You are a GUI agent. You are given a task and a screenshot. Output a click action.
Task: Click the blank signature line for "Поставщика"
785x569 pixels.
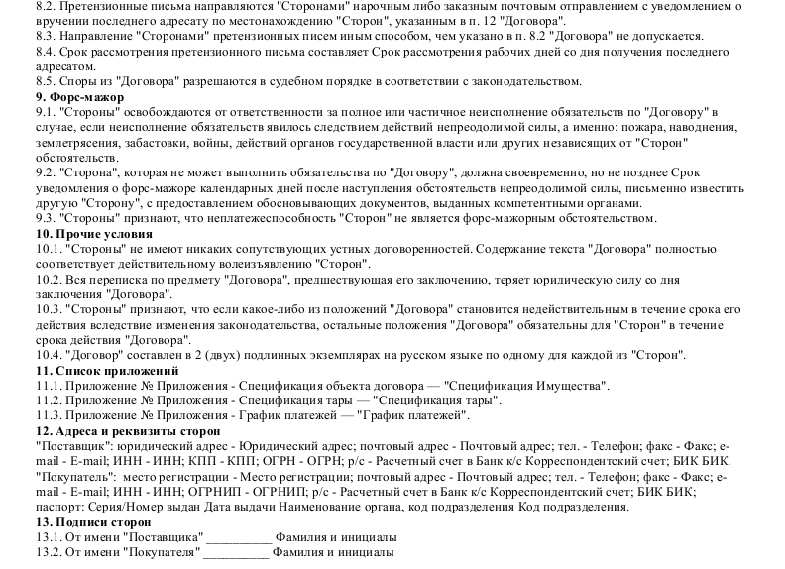(x=237, y=537)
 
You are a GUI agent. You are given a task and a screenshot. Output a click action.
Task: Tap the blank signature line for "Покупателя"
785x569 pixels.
(x=237, y=552)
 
